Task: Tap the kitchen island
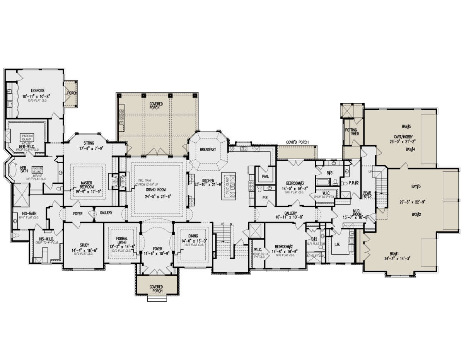229,186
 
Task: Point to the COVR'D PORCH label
297,142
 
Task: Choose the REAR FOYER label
367,196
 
